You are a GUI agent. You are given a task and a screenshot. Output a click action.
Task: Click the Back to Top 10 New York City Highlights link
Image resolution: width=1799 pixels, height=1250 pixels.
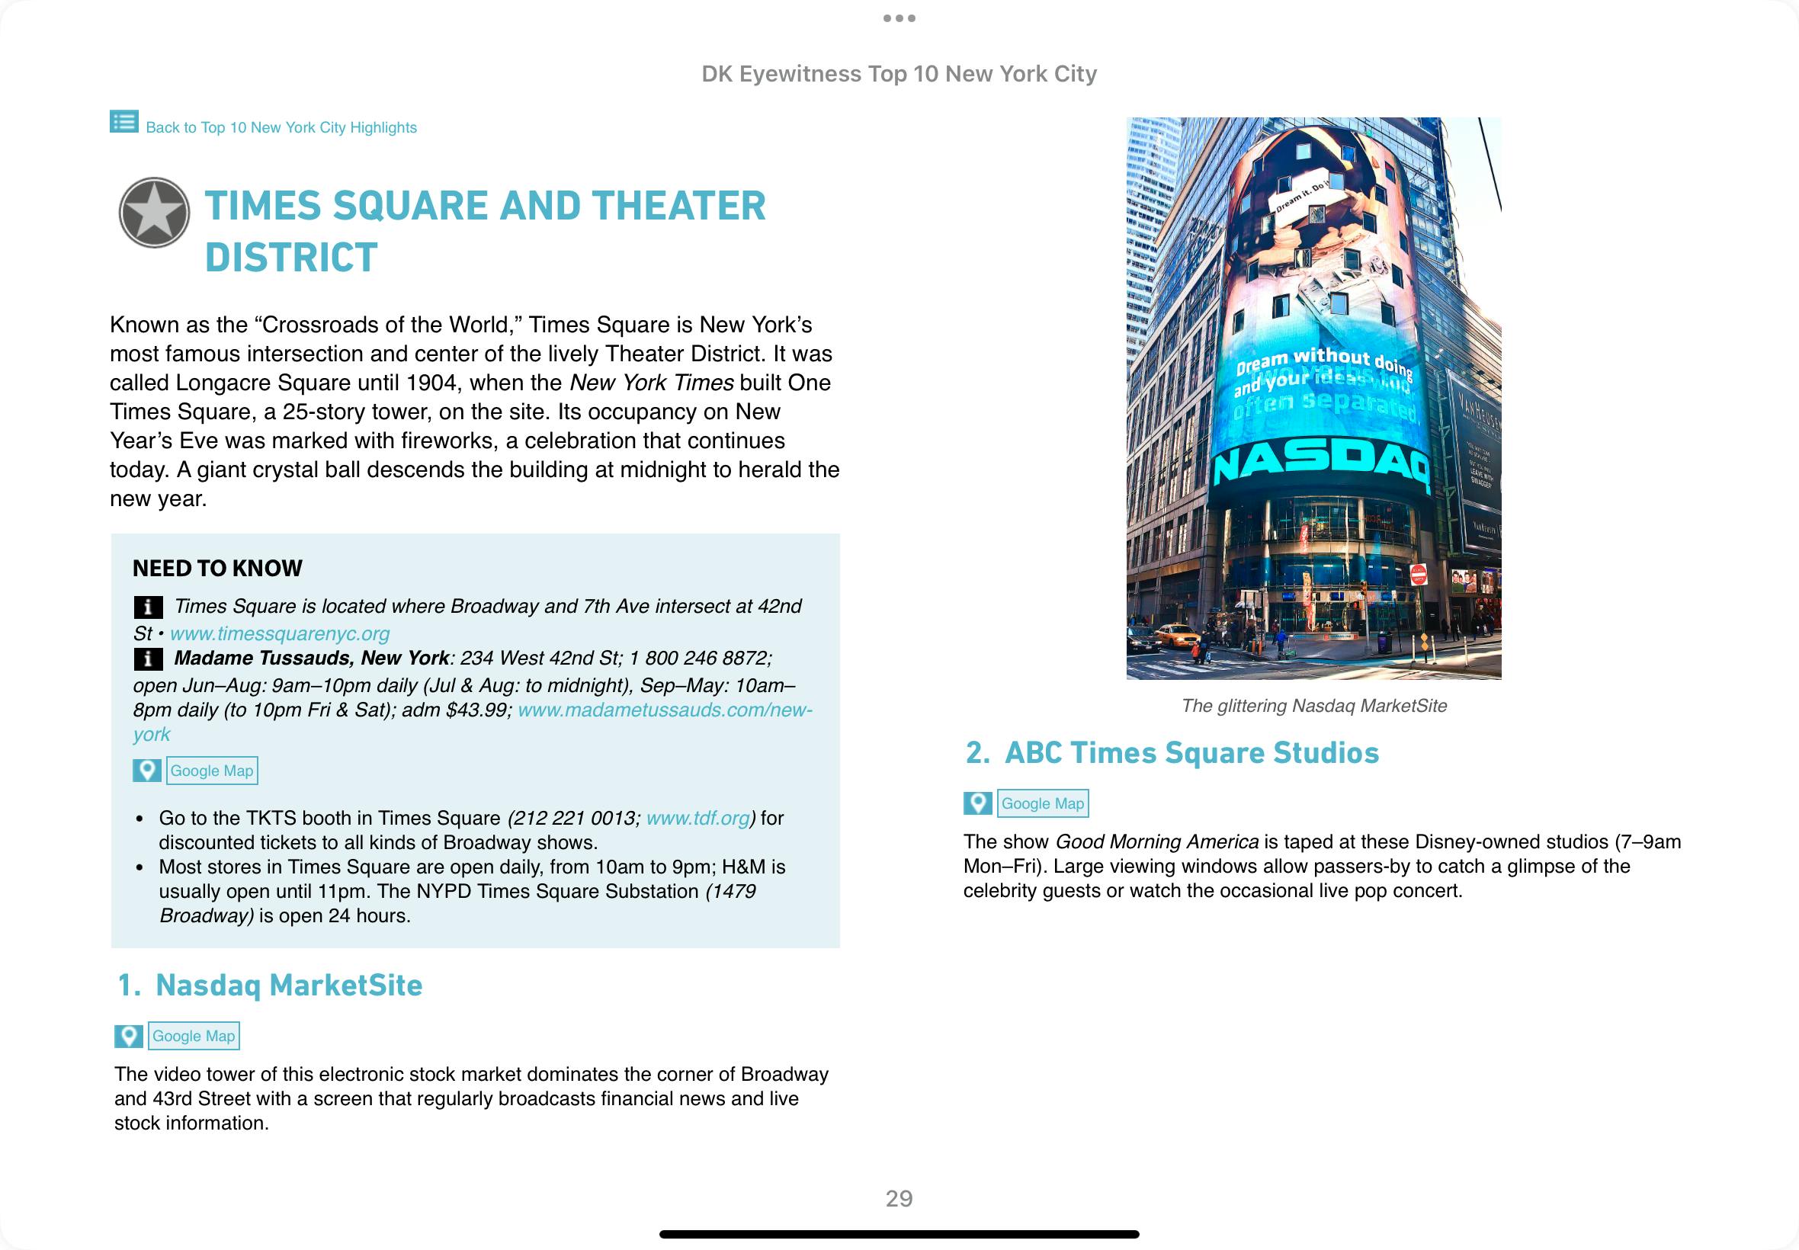pos(281,127)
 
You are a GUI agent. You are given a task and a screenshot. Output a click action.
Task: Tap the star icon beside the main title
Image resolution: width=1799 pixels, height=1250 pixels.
pos(154,212)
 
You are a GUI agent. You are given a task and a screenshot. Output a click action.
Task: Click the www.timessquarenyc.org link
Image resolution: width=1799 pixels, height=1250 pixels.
pos(280,633)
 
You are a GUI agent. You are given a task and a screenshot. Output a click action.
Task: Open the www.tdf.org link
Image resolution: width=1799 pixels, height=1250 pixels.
pos(697,819)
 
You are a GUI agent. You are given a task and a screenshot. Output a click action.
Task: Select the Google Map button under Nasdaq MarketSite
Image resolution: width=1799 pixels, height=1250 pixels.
pos(193,1036)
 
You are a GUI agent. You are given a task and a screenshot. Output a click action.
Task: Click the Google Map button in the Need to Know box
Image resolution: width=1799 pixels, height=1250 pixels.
pos(211,771)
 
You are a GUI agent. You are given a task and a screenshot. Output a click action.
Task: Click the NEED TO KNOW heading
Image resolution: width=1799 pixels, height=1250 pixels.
pos(217,569)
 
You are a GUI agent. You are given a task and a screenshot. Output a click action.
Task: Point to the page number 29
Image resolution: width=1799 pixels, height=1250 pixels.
pos(898,1198)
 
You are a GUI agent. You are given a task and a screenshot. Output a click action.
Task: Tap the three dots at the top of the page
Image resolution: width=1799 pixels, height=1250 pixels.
pos(898,18)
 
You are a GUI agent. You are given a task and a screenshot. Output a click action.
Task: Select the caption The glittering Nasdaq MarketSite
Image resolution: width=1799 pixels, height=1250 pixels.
pos(1313,706)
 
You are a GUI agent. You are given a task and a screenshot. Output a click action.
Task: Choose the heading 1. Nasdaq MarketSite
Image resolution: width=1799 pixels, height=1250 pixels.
pos(269,986)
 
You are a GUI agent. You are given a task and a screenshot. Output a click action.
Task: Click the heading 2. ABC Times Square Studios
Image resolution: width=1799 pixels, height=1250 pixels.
pos(1172,752)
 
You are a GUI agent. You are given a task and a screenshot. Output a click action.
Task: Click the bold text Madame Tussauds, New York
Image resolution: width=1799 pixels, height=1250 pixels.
pos(311,658)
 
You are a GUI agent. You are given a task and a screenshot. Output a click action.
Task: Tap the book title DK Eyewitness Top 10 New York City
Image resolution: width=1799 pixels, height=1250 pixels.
pos(898,74)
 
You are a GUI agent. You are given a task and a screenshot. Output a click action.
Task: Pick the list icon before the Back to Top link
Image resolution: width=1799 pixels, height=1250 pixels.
pos(123,122)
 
